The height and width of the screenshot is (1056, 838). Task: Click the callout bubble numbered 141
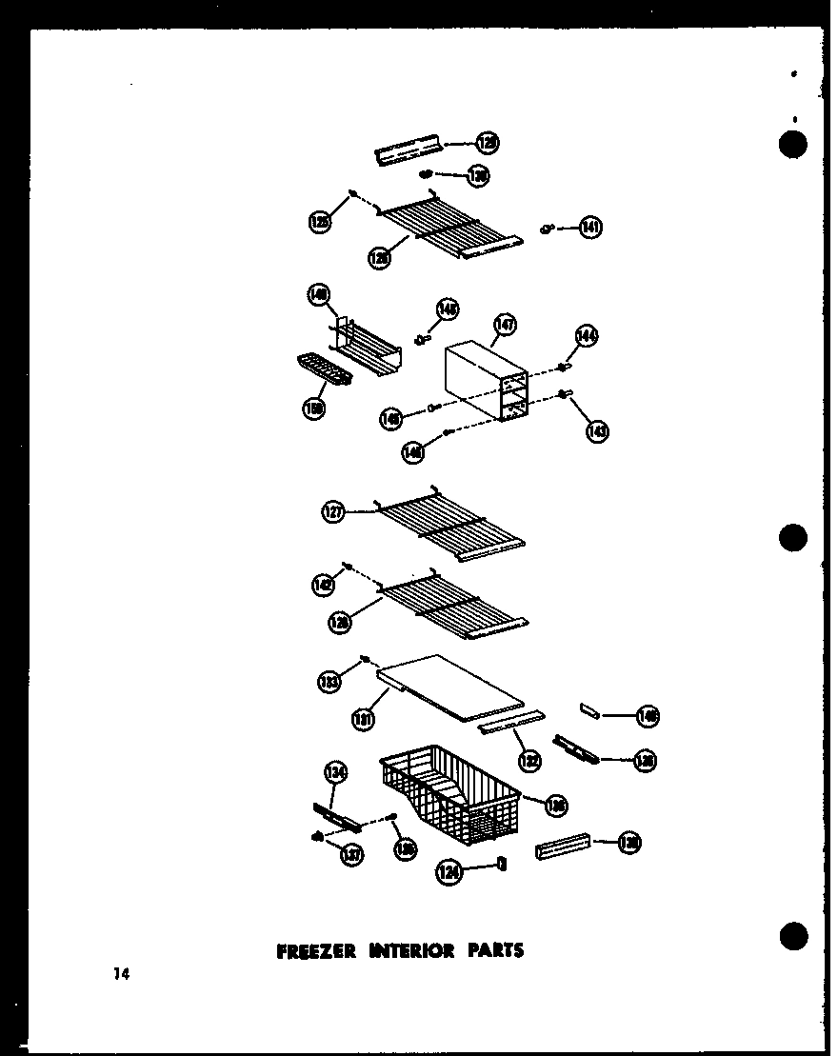(591, 228)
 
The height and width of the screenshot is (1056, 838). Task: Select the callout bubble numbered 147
(504, 327)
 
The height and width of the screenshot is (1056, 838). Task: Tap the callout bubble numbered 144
(586, 336)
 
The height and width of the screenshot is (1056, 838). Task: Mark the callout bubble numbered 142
(324, 587)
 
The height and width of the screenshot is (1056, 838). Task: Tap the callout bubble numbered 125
(320, 222)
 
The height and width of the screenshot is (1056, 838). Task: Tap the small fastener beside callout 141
(547, 228)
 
